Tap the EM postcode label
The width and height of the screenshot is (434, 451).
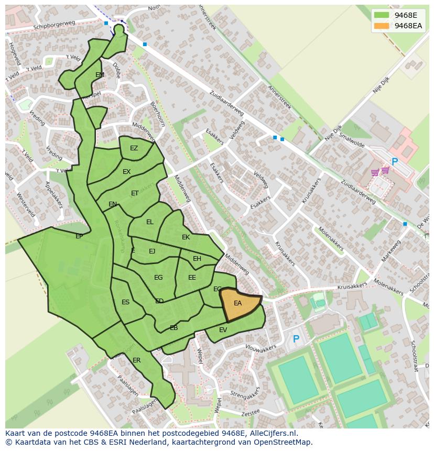(100, 75)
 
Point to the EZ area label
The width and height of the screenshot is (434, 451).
(134, 148)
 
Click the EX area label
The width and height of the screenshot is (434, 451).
(126, 172)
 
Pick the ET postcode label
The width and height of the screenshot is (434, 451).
(135, 193)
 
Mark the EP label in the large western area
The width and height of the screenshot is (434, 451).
(79, 236)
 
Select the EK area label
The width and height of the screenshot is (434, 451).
(186, 237)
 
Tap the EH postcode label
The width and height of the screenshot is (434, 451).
(197, 259)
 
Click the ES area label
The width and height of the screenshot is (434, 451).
(125, 302)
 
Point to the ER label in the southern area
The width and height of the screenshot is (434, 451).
(137, 360)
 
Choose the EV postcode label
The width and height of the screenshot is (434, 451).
(223, 330)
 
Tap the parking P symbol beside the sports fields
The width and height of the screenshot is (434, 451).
(296, 339)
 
